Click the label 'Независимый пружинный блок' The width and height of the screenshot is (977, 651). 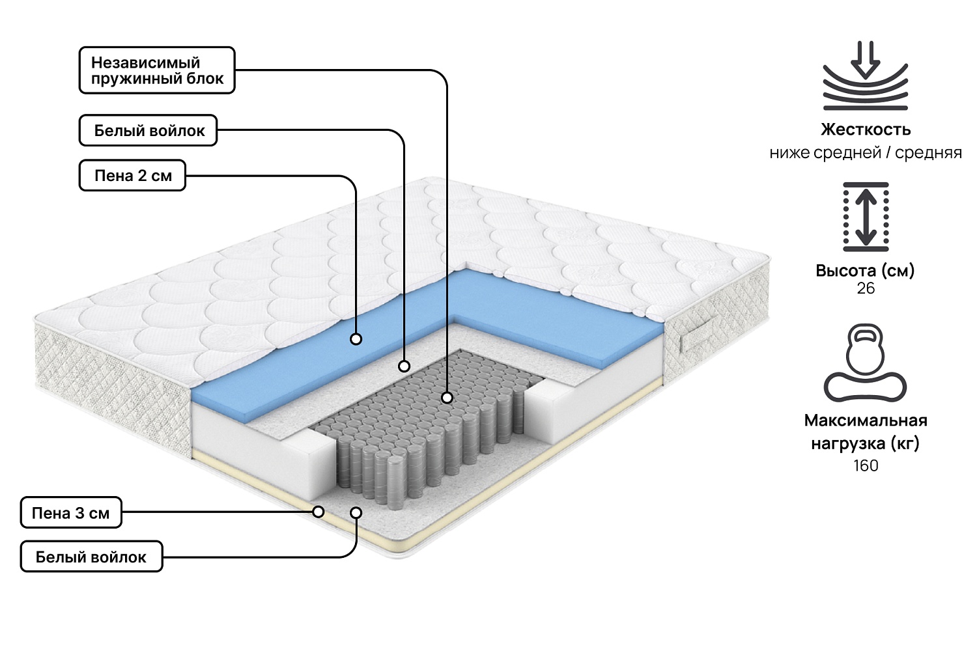coord(157,70)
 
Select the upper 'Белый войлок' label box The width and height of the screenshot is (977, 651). coord(149,130)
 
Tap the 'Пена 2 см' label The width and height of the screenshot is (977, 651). coord(133,176)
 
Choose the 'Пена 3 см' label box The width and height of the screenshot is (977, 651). coord(71,513)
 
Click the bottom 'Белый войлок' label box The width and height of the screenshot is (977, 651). coord(91,557)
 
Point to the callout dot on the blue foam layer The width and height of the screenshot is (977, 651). coord(356,339)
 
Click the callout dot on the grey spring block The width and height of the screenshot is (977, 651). coord(447,396)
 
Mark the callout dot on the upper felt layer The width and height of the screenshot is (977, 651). coord(404,366)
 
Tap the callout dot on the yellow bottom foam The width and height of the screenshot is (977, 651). coord(319,512)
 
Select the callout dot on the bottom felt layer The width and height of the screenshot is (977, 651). coord(356,512)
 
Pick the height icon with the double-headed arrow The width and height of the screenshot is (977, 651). coord(866,217)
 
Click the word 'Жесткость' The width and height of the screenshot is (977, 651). coord(866,129)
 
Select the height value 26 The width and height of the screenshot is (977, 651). coord(866,288)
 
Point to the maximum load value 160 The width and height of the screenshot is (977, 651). coord(866,465)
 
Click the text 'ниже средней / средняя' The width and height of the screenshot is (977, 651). coord(866,153)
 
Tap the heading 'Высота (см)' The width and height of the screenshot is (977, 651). coord(866,270)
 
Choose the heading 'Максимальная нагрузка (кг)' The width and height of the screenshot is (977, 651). coord(866,432)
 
